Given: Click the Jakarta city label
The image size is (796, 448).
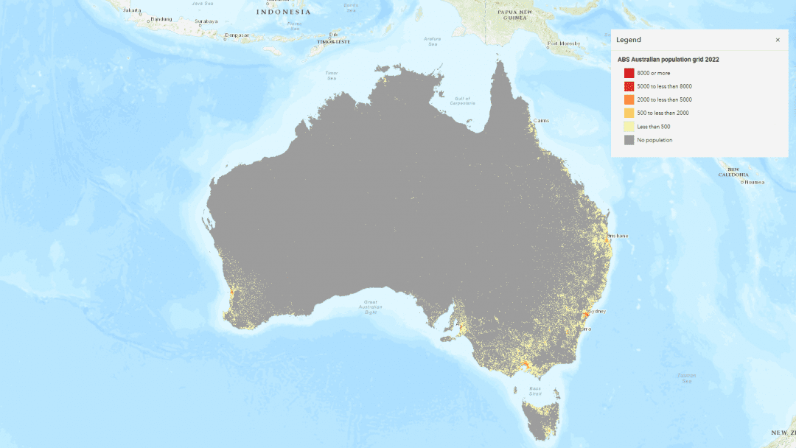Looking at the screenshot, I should (x=132, y=10).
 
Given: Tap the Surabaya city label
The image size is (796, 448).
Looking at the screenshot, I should (x=206, y=21).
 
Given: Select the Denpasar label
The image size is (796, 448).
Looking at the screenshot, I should (x=237, y=35).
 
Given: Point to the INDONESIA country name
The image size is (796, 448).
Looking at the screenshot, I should (x=284, y=12).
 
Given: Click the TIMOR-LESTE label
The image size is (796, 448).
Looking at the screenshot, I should (x=333, y=42).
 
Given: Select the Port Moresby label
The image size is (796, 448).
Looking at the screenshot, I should (x=565, y=43).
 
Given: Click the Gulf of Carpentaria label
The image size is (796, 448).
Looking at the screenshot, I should (x=462, y=101).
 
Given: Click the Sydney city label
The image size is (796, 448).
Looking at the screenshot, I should (x=597, y=311).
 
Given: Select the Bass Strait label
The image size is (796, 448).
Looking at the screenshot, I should (x=535, y=391).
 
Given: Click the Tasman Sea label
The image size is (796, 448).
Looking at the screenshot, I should (x=686, y=378).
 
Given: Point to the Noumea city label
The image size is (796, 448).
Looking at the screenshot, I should (x=754, y=182).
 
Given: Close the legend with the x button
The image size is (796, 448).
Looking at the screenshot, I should (x=778, y=40).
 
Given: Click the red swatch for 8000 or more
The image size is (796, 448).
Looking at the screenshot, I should (x=629, y=73).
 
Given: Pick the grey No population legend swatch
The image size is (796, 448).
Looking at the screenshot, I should (x=629, y=140).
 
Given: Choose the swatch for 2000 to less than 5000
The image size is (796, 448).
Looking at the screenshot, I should (x=629, y=99).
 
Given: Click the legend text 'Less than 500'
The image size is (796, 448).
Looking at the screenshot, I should (x=654, y=127).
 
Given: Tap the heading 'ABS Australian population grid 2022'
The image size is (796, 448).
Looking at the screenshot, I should (x=668, y=59).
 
